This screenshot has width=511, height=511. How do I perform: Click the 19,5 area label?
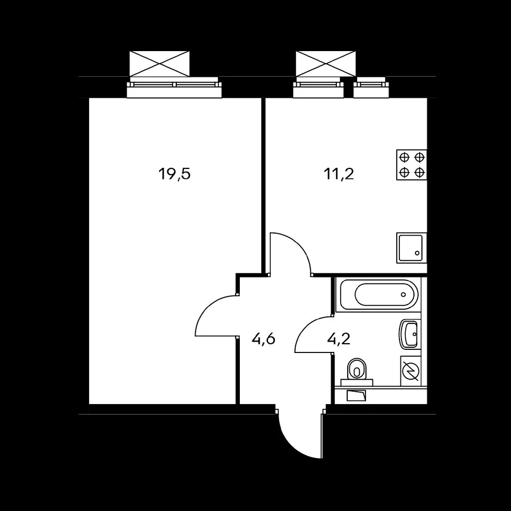tap(174, 174)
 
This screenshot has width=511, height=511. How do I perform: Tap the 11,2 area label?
tap(339, 174)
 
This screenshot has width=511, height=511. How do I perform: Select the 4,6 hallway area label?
tap(264, 339)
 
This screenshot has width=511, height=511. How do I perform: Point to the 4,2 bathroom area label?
tap(338, 339)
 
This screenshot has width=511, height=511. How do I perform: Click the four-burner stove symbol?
tap(411, 165)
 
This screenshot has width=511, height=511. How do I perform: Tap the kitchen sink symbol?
tap(411, 248)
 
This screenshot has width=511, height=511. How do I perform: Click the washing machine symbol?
tap(410, 371)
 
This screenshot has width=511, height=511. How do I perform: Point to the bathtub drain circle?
tap(404, 295)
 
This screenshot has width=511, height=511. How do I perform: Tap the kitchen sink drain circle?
tap(417, 253)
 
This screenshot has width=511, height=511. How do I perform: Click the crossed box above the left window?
tap(160, 64)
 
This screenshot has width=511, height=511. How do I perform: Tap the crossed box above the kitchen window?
tap(325, 64)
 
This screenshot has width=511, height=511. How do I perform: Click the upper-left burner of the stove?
tap(405, 157)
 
